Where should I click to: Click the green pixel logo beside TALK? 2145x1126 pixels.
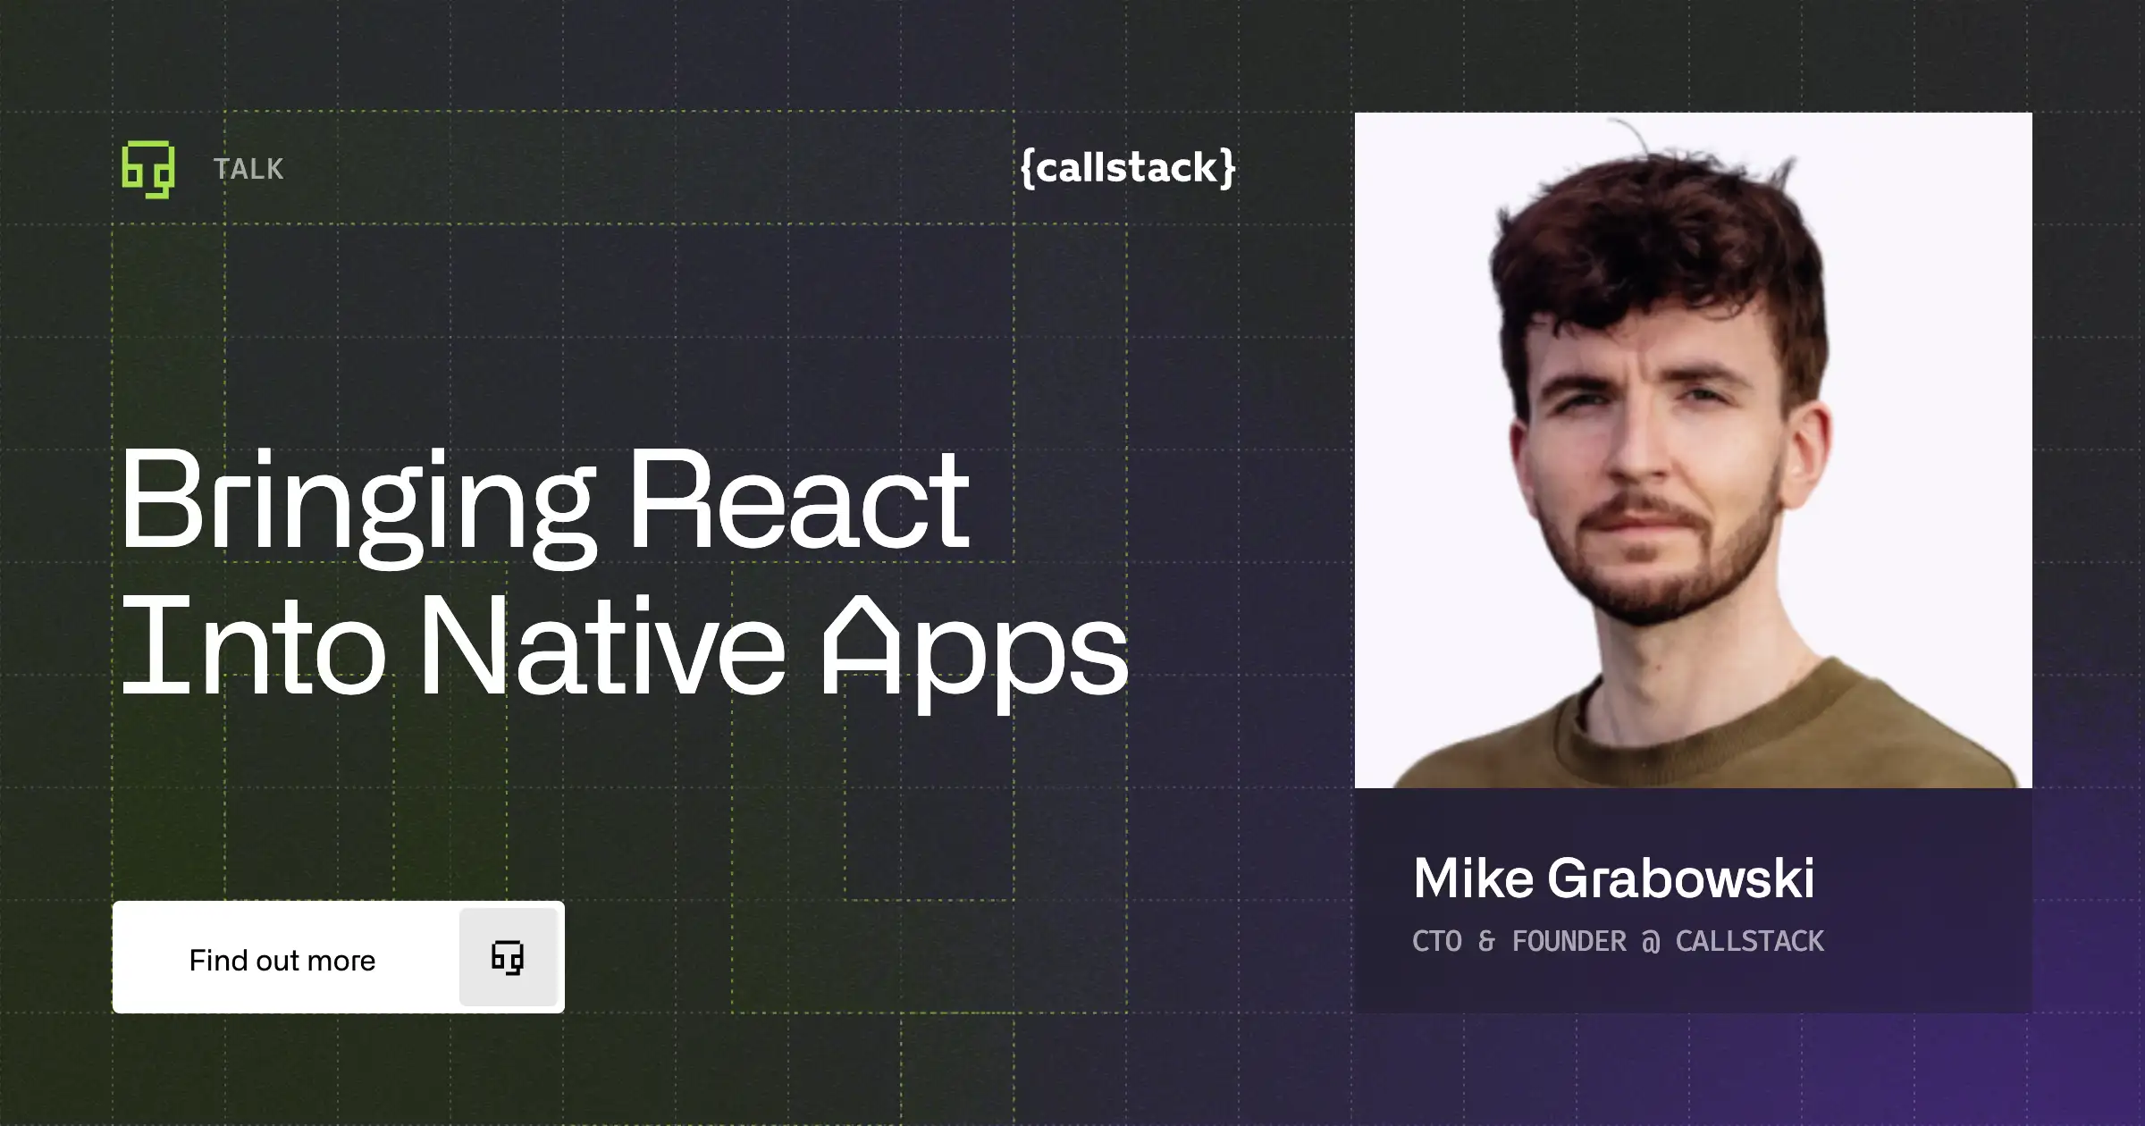click(148, 169)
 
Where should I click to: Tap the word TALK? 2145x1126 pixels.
click(248, 169)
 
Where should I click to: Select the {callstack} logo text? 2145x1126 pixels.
click(1128, 167)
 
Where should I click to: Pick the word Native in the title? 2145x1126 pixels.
click(602, 647)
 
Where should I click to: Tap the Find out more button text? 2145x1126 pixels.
click(282, 960)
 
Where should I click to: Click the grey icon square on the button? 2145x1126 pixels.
click(508, 957)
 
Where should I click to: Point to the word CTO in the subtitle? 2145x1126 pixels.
click(1437, 941)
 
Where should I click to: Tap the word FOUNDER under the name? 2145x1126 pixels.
click(1569, 941)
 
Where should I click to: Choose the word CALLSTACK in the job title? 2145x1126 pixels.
click(1749, 941)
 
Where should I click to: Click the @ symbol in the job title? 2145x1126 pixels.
click(1651, 942)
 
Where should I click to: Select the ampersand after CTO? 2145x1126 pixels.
click(1486, 941)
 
